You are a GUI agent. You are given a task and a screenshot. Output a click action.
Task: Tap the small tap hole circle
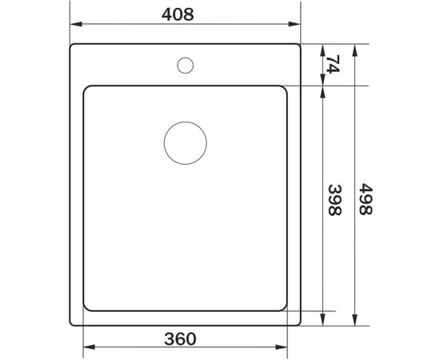click(185, 64)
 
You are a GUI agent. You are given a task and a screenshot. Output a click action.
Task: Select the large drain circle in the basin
click(185, 145)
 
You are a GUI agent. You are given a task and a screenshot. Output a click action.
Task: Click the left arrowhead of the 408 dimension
click(74, 29)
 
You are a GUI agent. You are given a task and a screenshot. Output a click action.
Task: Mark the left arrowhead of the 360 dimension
click(88, 347)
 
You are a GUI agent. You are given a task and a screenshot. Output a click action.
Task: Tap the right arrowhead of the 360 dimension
click(283, 347)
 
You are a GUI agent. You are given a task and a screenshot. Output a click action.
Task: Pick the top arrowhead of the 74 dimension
click(322, 48)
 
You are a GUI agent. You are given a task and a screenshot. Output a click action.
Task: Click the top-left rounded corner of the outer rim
click(73, 47)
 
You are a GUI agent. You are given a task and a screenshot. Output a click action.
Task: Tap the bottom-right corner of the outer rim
click(298, 325)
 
